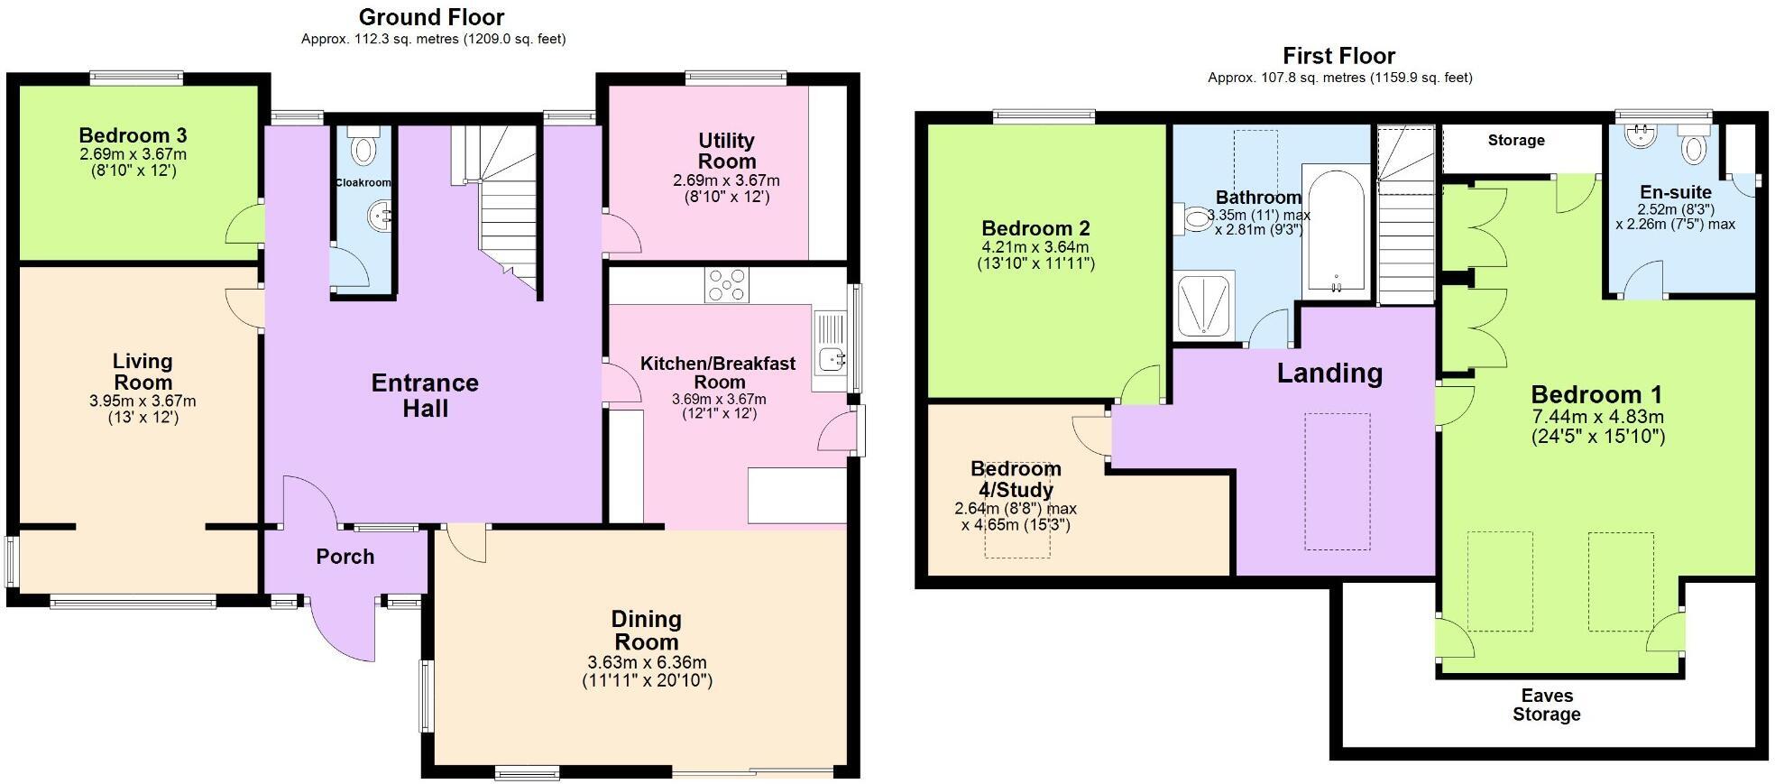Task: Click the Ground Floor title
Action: coord(431,17)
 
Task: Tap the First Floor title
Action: coord(1338,56)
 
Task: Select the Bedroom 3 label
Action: coord(133,136)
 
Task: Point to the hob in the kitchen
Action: coord(727,285)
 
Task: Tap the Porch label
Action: coord(345,557)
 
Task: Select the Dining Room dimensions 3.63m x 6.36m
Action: coord(647,662)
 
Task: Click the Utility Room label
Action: coord(726,151)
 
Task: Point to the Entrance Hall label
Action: coord(425,395)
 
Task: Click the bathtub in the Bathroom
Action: coord(1336,230)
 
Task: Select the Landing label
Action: coord(1329,373)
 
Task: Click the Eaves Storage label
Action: coord(1546,705)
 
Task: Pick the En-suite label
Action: coord(1675,192)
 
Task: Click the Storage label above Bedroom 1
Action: coord(1515,141)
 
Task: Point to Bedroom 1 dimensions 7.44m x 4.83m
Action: coord(1597,417)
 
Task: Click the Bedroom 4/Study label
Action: coord(1016,479)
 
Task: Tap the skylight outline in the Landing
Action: coord(1338,481)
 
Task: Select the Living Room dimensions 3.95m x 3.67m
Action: coord(143,401)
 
